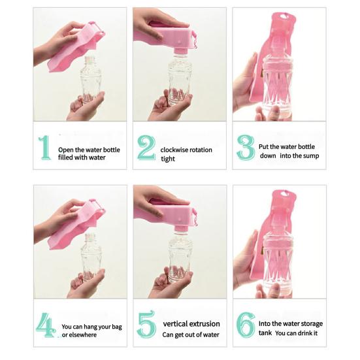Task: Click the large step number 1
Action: [45, 148]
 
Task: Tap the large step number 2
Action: [146, 148]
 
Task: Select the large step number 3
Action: [246, 148]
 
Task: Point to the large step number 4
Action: [46, 325]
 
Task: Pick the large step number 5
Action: [146, 325]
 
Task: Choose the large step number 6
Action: [246, 325]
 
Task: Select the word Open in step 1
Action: [66, 150]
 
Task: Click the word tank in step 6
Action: [265, 333]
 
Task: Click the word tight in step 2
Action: [168, 159]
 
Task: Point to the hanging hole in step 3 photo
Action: [283, 16]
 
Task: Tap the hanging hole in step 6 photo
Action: [284, 193]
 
